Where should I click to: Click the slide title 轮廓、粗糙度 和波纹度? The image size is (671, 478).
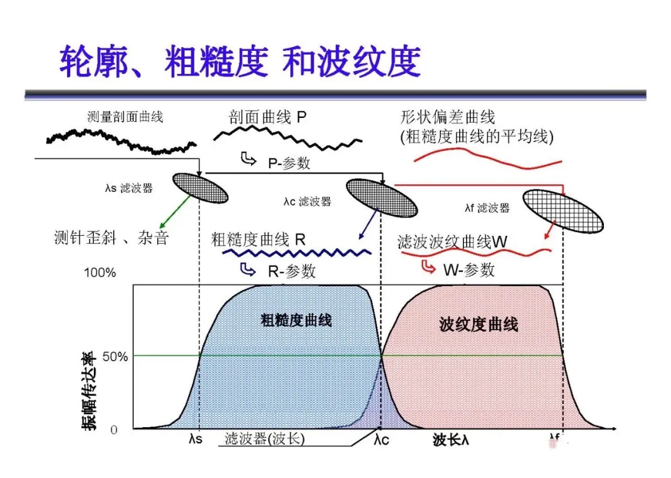(240, 61)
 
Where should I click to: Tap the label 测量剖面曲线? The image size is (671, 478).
(126, 117)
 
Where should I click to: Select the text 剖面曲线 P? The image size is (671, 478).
(268, 117)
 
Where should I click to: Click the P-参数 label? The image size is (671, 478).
(289, 163)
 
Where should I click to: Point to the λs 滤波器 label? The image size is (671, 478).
(129, 187)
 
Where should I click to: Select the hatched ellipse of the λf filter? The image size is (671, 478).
(562, 211)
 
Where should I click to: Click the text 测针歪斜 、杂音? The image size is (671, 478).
(112, 237)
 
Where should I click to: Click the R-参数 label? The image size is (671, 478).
(291, 271)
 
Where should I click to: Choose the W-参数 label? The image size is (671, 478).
(468, 269)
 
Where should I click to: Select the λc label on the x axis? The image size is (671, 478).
(381, 440)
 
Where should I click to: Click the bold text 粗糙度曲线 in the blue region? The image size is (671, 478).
(296, 320)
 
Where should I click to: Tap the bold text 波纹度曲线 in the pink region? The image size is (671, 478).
(478, 325)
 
